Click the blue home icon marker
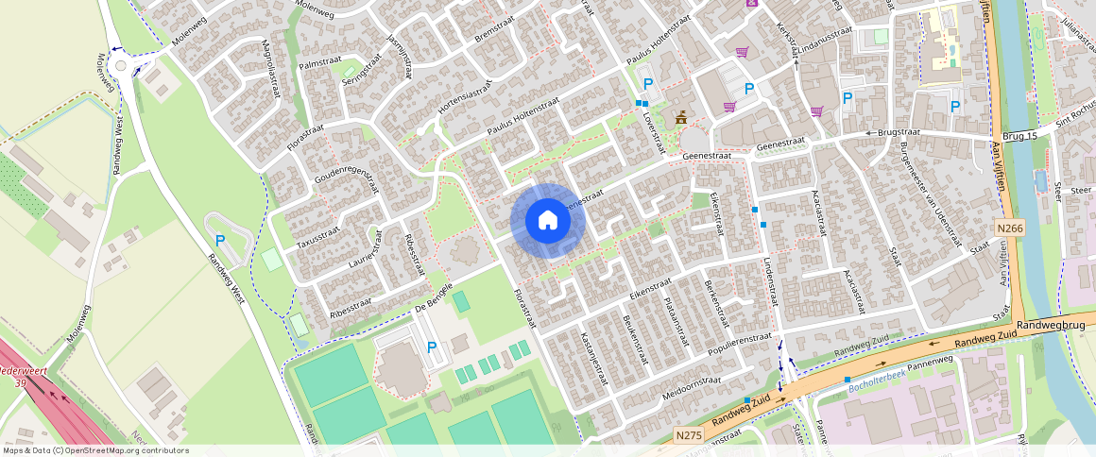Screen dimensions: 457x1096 tap(547, 221)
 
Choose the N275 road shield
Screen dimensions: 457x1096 tap(690, 435)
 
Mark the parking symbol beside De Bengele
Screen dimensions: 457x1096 tap(432, 347)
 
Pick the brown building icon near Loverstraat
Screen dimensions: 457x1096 tap(679, 117)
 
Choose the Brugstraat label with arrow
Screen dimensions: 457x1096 tap(889, 134)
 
